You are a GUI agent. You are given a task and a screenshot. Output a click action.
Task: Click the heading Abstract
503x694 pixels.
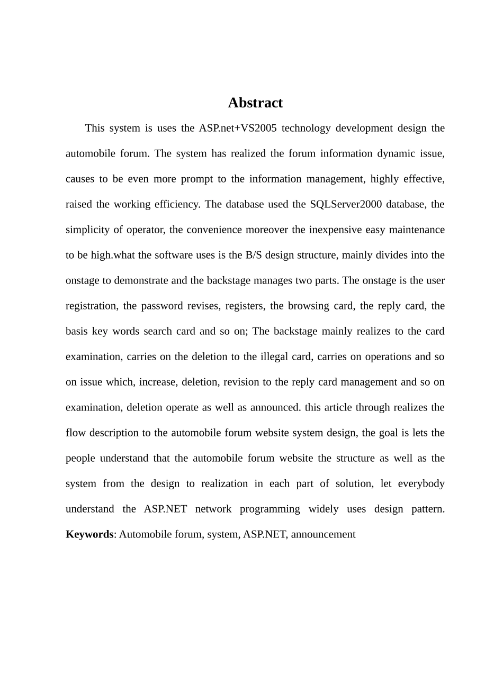(255, 103)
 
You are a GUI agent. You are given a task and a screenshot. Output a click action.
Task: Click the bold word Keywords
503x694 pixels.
(89, 534)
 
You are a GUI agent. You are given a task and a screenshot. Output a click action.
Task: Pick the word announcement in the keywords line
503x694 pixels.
(323, 534)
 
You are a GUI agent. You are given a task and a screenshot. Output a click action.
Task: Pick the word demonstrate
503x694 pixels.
(141, 280)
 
